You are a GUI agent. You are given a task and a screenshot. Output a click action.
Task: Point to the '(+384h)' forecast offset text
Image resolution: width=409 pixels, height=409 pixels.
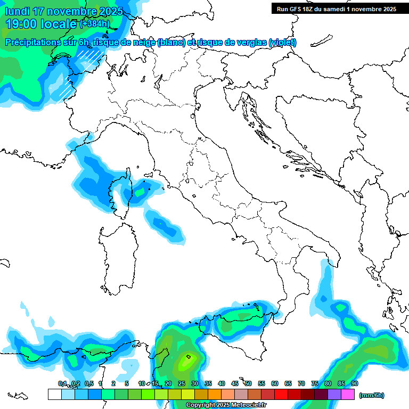coord(94,24)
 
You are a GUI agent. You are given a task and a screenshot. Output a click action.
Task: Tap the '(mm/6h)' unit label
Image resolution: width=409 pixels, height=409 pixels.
coord(371,395)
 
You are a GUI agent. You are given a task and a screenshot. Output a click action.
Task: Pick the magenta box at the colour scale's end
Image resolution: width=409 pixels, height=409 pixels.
coord(348,394)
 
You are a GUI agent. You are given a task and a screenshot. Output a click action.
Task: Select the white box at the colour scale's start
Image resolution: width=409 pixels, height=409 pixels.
coord(54,394)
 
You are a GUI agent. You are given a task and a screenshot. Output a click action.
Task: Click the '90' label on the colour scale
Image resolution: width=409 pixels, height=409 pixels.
coord(355,383)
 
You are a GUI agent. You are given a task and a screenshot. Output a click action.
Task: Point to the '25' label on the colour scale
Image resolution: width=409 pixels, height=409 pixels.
coord(182,383)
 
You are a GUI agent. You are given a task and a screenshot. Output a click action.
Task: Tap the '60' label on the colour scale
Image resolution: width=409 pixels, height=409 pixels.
coord(275,383)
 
